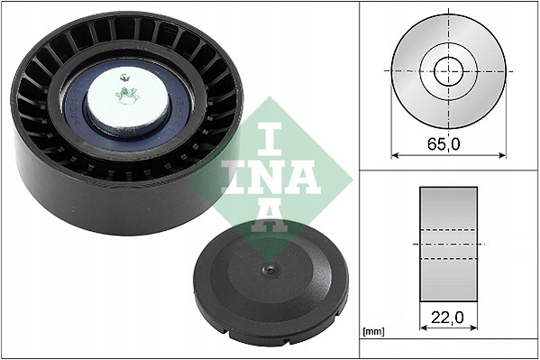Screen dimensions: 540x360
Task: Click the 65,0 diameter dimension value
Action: (444, 144)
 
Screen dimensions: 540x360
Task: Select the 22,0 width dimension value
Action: (447, 318)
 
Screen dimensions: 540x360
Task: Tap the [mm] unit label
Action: (373, 332)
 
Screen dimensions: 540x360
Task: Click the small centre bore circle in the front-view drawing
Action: (449, 71)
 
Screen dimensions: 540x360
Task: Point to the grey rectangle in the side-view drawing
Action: (448, 245)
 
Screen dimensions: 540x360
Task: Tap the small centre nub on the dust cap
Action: (270, 269)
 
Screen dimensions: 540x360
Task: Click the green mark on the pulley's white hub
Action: (126, 95)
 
